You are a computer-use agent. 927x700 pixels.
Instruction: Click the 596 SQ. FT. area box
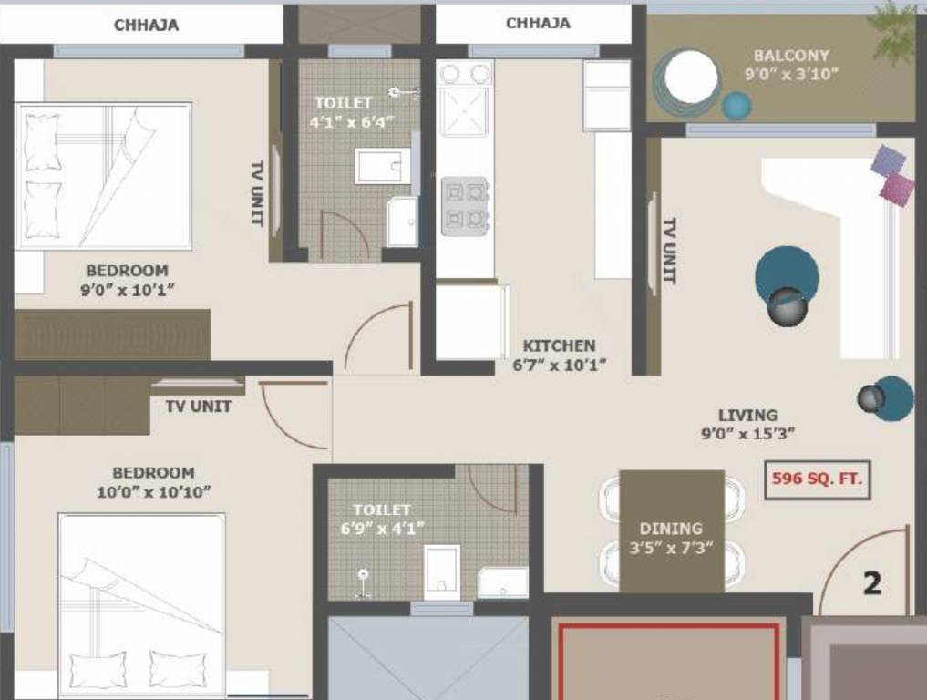coord(817,479)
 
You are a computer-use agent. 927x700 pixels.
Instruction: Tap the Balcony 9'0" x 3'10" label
coord(790,65)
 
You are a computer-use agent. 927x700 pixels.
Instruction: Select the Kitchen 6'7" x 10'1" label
coord(559,355)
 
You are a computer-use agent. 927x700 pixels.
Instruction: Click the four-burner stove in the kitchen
coord(466,206)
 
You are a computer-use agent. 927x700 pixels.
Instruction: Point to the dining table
coord(671,531)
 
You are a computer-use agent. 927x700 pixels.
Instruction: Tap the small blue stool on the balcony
coord(736,106)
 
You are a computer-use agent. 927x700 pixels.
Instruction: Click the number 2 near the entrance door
coord(871,583)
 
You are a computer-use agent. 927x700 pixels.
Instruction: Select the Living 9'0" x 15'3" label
coord(747,425)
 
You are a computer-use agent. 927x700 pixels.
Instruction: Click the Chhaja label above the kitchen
coord(538,23)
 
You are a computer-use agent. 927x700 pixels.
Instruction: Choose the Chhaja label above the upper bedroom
coord(146,26)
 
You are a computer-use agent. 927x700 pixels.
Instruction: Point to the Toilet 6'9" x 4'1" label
coord(382,519)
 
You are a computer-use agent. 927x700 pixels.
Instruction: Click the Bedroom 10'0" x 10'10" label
coord(153,482)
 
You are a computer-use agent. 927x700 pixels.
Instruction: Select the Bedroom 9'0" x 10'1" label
coord(127,280)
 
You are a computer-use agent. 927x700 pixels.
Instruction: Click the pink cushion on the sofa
coord(897,190)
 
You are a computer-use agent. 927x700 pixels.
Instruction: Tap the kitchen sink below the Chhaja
coord(465,99)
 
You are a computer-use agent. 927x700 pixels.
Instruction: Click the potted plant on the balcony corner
coord(893,27)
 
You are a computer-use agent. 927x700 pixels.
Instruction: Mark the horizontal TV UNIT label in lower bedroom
coord(198,407)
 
